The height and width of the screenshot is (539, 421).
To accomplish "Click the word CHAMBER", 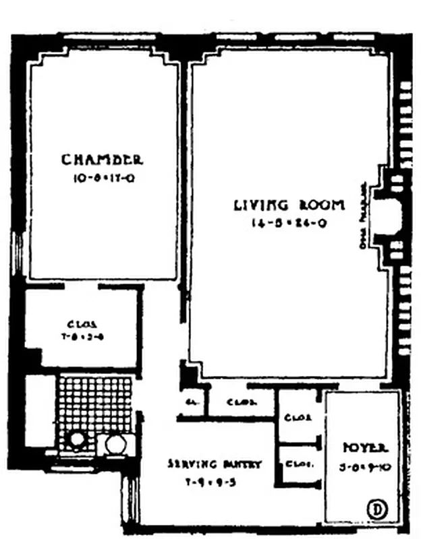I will point(102,160).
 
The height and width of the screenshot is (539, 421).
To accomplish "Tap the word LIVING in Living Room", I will point(261,205).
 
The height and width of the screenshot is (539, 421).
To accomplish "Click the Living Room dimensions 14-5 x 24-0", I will point(289,224).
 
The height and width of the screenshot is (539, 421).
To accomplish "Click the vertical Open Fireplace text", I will point(365,216).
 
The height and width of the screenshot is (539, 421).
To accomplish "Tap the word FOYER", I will point(364,447).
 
